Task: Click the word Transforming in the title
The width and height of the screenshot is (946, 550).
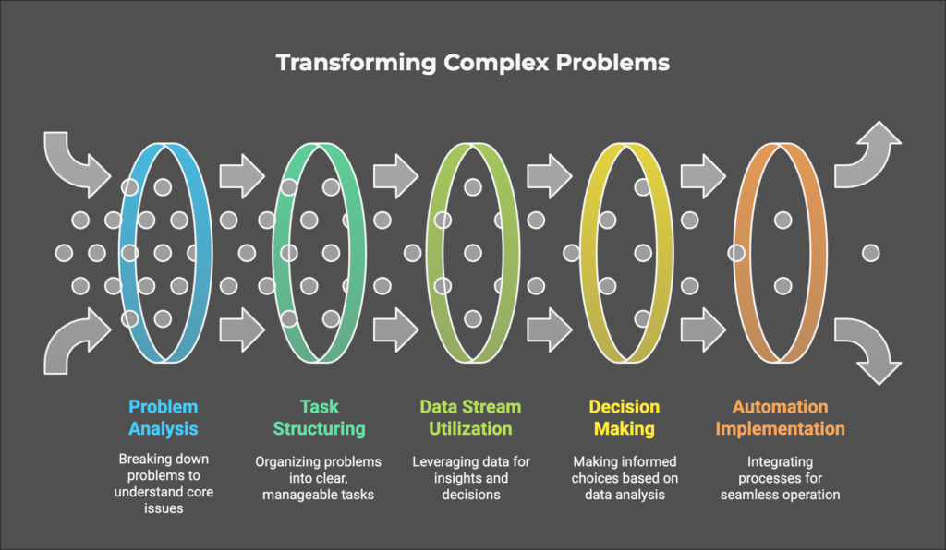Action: [x=356, y=64]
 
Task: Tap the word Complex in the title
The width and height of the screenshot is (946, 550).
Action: [x=496, y=63]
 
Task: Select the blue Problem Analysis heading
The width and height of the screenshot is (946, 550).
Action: [x=163, y=417]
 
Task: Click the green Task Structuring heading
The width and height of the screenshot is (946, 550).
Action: [x=319, y=417]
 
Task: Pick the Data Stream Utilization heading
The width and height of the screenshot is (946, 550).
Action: [x=470, y=417]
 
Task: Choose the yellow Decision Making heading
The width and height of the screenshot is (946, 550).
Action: [x=625, y=417]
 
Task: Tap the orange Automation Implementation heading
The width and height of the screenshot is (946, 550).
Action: [x=780, y=417]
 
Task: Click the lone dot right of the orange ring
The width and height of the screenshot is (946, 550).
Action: [x=870, y=253]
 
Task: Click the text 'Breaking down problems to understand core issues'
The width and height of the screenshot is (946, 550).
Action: [x=164, y=484]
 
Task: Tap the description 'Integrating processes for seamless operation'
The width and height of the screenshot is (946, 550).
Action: [x=780, y=478]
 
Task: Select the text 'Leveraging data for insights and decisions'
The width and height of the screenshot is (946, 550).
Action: [x=471, y=478]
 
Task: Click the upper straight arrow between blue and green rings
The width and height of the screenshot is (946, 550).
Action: [x=242, y=176]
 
